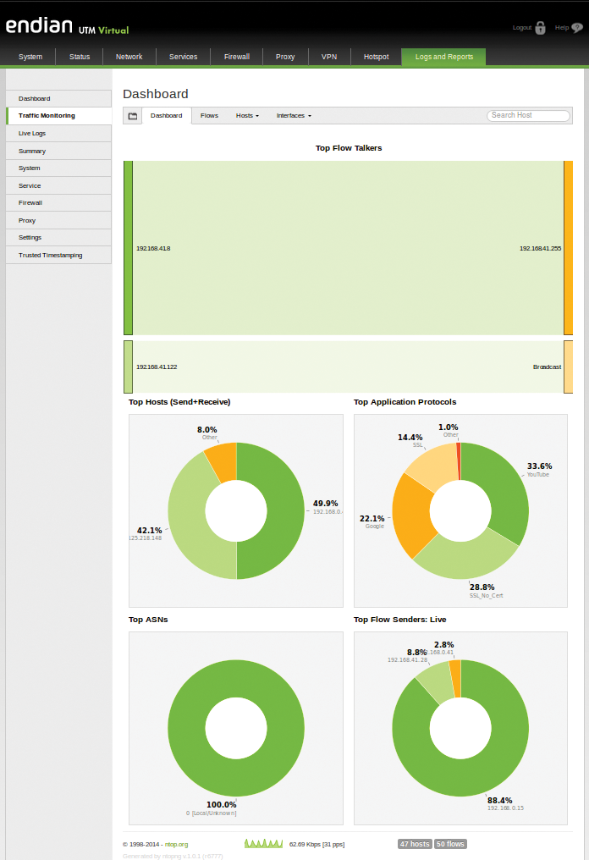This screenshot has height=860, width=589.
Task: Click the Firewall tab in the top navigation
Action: (x=236, y=57)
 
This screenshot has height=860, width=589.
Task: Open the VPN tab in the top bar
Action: (x=329, y=57)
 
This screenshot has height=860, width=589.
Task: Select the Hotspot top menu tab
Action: (x=376, y=57)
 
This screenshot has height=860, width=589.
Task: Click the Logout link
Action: (x=522, y=28)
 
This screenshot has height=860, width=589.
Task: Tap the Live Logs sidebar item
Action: (x=32, y=134)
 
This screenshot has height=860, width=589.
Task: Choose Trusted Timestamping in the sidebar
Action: (x=51, y=255)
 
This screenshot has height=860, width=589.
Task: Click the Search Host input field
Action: (x=527, y=115)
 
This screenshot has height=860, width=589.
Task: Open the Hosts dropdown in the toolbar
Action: (x=247, y=115)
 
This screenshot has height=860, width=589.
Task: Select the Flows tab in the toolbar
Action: (x=209, y=115)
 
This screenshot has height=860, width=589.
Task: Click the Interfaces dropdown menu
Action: (x=294, y=115)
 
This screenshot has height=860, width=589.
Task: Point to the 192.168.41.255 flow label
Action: (x=540, y=248)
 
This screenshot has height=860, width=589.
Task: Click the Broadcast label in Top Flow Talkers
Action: (x=547, y=367)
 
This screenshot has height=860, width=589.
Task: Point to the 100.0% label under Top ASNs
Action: (x=222, y=805)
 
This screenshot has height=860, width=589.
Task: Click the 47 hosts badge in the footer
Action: (x=415, y=844)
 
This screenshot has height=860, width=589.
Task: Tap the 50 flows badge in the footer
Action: (x=450, y=844)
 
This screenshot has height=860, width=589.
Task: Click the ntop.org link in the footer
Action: (x=176, y=844)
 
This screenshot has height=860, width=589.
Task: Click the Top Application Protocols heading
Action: (x=405, y=402)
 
